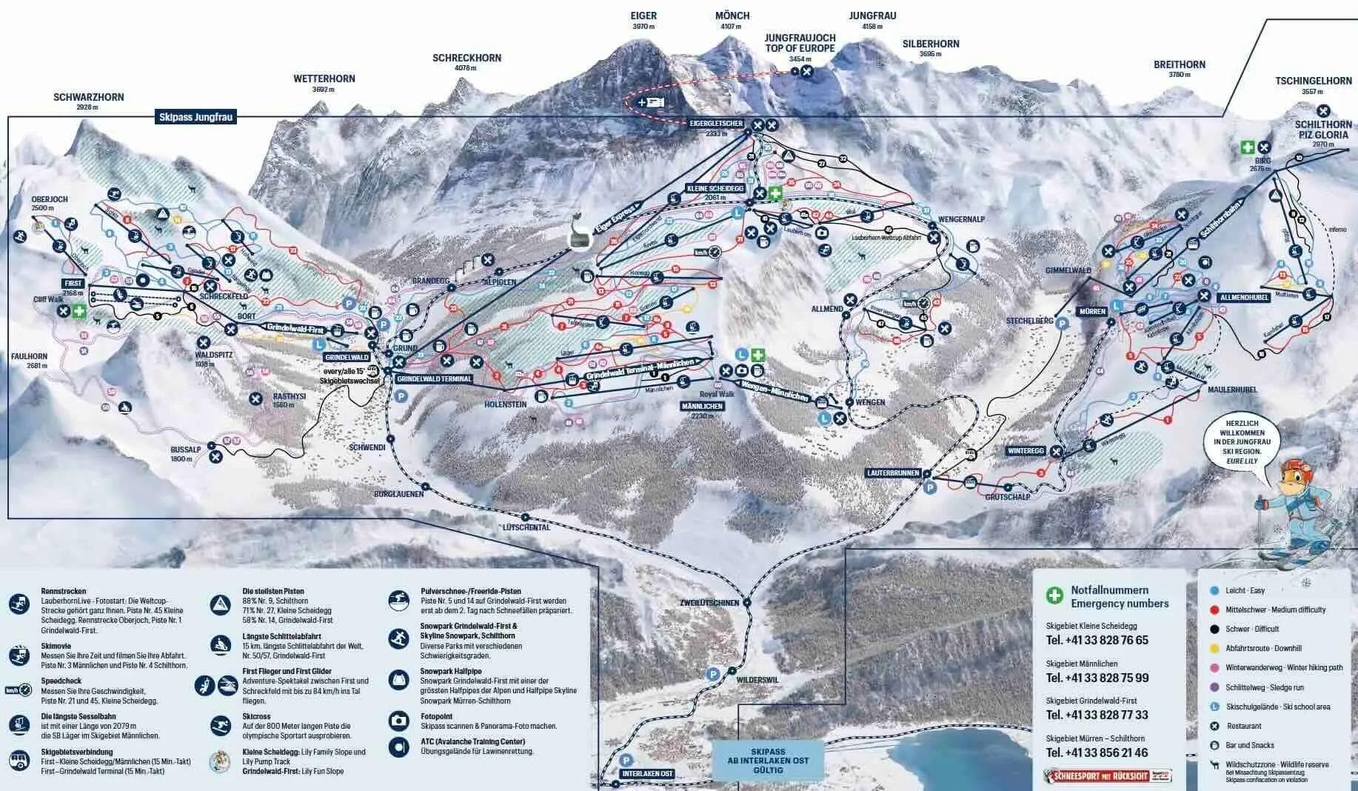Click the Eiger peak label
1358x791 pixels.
643,16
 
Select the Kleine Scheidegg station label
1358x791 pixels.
715,188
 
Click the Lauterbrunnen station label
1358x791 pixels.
893,473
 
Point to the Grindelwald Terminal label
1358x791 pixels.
434,378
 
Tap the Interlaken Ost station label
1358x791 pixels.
646,774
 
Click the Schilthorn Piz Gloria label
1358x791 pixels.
1322,130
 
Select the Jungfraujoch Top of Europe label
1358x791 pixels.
800,43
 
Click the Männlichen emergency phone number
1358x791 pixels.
1097,678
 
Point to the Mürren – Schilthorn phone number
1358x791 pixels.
1097,752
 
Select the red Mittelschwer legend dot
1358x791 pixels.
1214,610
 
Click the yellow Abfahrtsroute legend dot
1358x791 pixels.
1214,648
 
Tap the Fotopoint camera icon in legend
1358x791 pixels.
399,720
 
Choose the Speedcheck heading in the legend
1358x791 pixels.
61,680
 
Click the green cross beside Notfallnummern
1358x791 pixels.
1054,595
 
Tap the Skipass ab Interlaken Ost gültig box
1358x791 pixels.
769,761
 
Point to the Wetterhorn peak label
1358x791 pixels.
324,79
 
